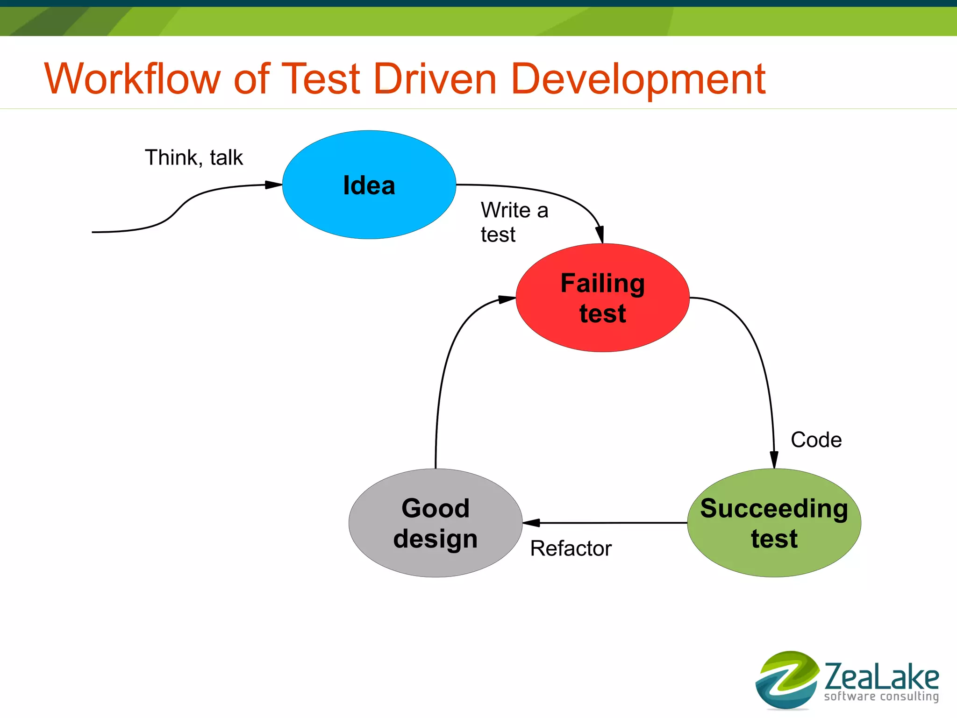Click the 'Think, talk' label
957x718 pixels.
(x=193, y=157)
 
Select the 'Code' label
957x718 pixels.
(x=816, y=440)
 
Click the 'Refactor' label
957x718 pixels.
(x=571, y=548)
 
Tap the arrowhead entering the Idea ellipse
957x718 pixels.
(x=273, y=185)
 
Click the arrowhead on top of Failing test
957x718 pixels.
(x=600, y=234)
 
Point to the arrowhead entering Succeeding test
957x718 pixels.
(x=774, y=460)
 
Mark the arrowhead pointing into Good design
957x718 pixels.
(x=531, y=523)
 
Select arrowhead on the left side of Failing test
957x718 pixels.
(x=507, y=299)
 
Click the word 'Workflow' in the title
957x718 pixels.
(x=132, y=79)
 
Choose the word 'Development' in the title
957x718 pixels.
(x=638, y=79)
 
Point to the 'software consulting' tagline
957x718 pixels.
(x=881, y=697)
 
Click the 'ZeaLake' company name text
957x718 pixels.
(x=881, y=676)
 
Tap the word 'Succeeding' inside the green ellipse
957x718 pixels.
(x=774, y=508)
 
